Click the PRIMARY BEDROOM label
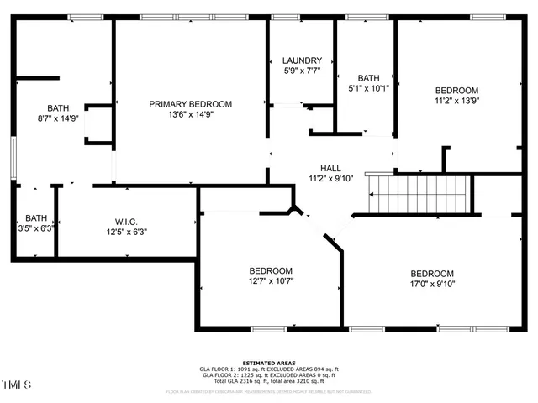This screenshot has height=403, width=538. point(191,104)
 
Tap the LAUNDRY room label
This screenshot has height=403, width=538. point(302,60)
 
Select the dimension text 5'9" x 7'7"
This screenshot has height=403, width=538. point(302,71)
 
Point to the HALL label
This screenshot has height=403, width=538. point(319,168)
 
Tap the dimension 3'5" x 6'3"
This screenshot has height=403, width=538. point(36,228)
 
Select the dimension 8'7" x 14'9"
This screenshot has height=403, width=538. point(58,118)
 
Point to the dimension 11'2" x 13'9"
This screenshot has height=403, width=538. point(456,101)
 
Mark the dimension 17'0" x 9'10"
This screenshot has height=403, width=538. point(432,285)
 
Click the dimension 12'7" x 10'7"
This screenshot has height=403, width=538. point(271,281)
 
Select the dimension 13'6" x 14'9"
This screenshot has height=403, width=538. point(191,115)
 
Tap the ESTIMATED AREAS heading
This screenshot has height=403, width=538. point(269,363)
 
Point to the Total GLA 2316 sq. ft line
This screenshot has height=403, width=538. point(269,380)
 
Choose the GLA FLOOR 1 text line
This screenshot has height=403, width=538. point(269,369)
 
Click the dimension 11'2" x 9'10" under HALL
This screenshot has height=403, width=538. point(319,179)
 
